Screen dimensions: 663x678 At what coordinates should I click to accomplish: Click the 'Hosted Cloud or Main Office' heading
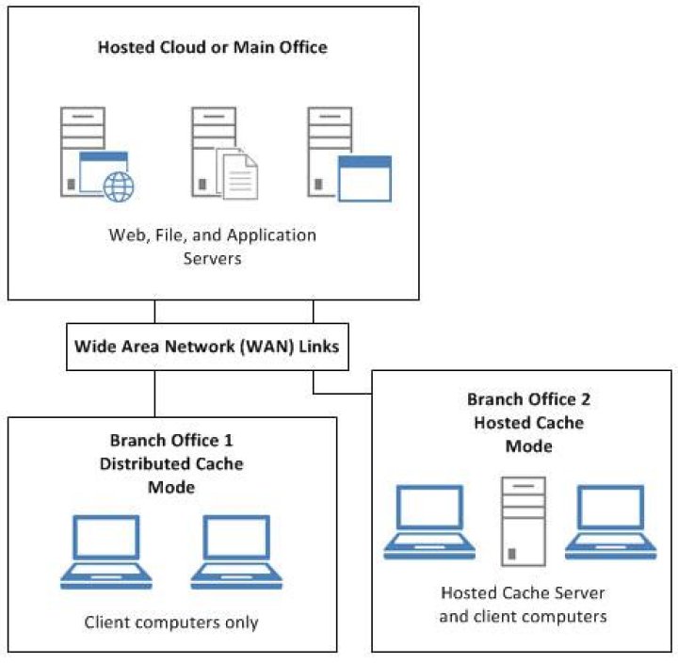coord(212,46)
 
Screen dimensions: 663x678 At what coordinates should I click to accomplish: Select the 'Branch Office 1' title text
coord(172,441)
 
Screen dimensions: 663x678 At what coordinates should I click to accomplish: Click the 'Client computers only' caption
coord(171,622)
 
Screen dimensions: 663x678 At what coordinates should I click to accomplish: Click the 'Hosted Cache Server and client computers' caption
coord(524,606)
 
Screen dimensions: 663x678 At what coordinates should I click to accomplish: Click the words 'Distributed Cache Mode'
coord(172,476)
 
